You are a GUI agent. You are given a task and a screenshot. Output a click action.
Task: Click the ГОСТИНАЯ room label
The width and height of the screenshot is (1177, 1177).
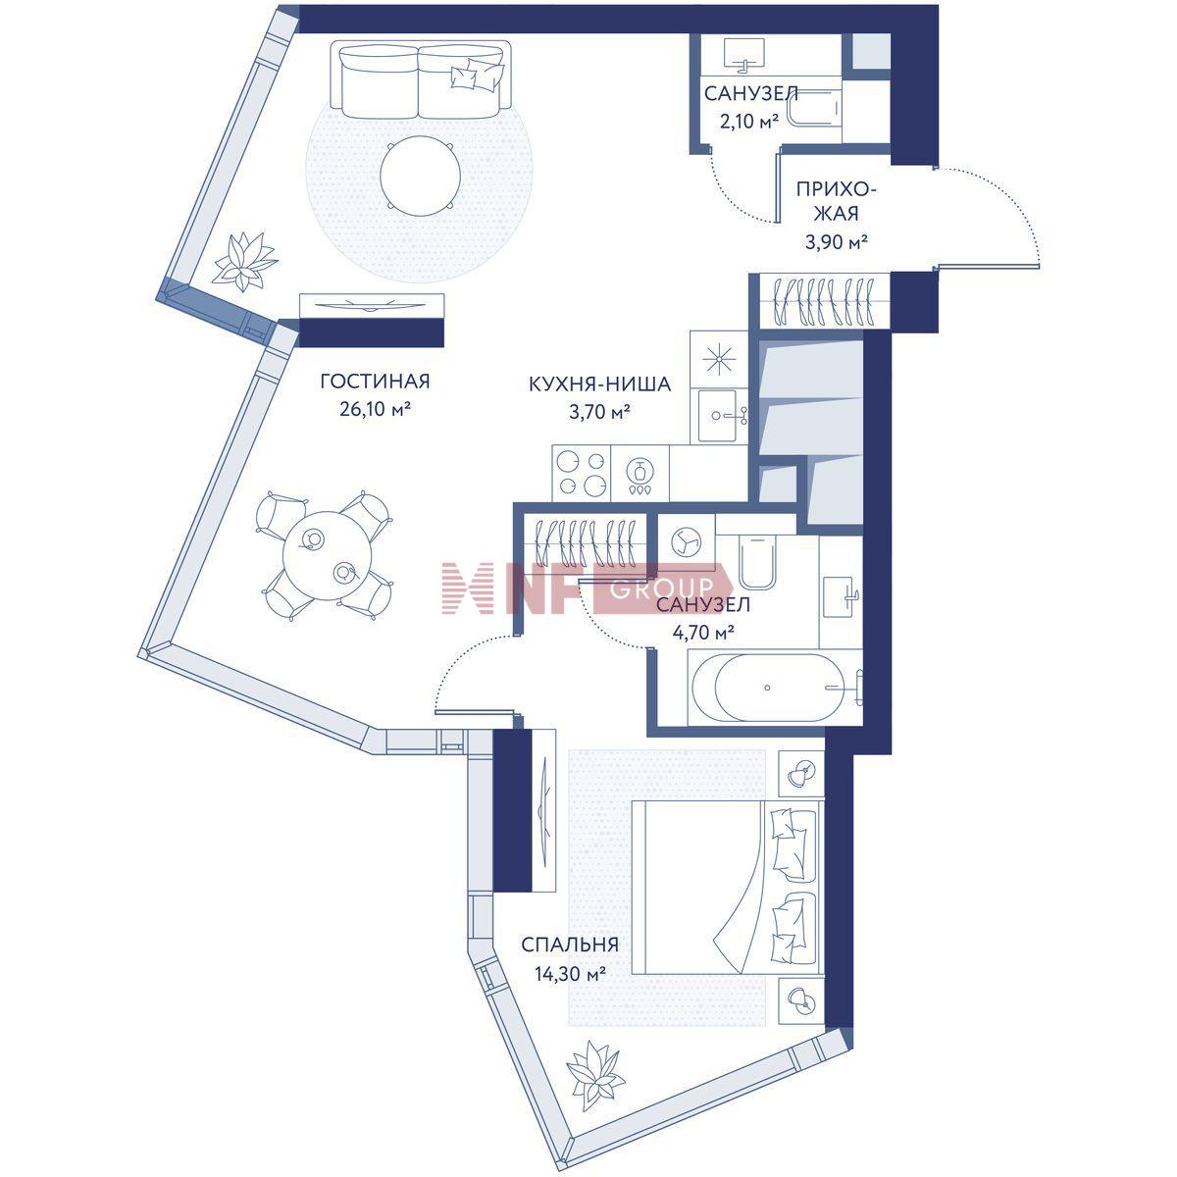coord(375,382)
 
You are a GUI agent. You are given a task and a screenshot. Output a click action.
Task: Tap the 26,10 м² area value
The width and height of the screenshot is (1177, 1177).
coord(375,409)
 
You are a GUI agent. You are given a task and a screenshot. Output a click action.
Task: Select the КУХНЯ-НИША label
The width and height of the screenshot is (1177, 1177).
coord(599,384)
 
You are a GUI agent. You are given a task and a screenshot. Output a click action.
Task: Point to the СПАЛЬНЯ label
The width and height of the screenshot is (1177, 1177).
coord(569,945)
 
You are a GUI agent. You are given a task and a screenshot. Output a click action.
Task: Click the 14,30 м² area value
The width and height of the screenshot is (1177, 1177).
coord(571,973)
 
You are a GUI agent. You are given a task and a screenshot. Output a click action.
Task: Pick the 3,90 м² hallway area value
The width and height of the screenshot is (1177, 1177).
coord(837,242)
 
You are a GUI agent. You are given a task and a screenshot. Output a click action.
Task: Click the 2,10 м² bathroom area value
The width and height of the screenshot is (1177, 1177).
coord(749,123)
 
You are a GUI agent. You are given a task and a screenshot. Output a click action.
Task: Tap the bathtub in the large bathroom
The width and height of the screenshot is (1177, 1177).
coord(776,688)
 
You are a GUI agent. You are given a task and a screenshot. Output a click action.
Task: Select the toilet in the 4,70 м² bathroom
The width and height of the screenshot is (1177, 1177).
coord(757,561)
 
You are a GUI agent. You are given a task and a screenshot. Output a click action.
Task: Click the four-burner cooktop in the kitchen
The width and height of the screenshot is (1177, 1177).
coord(581,474)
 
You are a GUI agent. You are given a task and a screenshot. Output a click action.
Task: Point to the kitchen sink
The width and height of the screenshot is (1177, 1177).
coord(719,416)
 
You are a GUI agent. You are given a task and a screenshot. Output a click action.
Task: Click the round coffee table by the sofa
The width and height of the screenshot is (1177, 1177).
coord(420,176)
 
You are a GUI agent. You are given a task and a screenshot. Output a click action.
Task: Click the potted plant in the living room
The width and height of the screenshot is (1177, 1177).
coord(244,262)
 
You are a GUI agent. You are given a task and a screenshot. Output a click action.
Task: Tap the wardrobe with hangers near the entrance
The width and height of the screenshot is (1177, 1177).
coord(821,301)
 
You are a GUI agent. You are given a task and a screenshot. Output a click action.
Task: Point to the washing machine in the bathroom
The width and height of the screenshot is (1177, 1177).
coord(688,540)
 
